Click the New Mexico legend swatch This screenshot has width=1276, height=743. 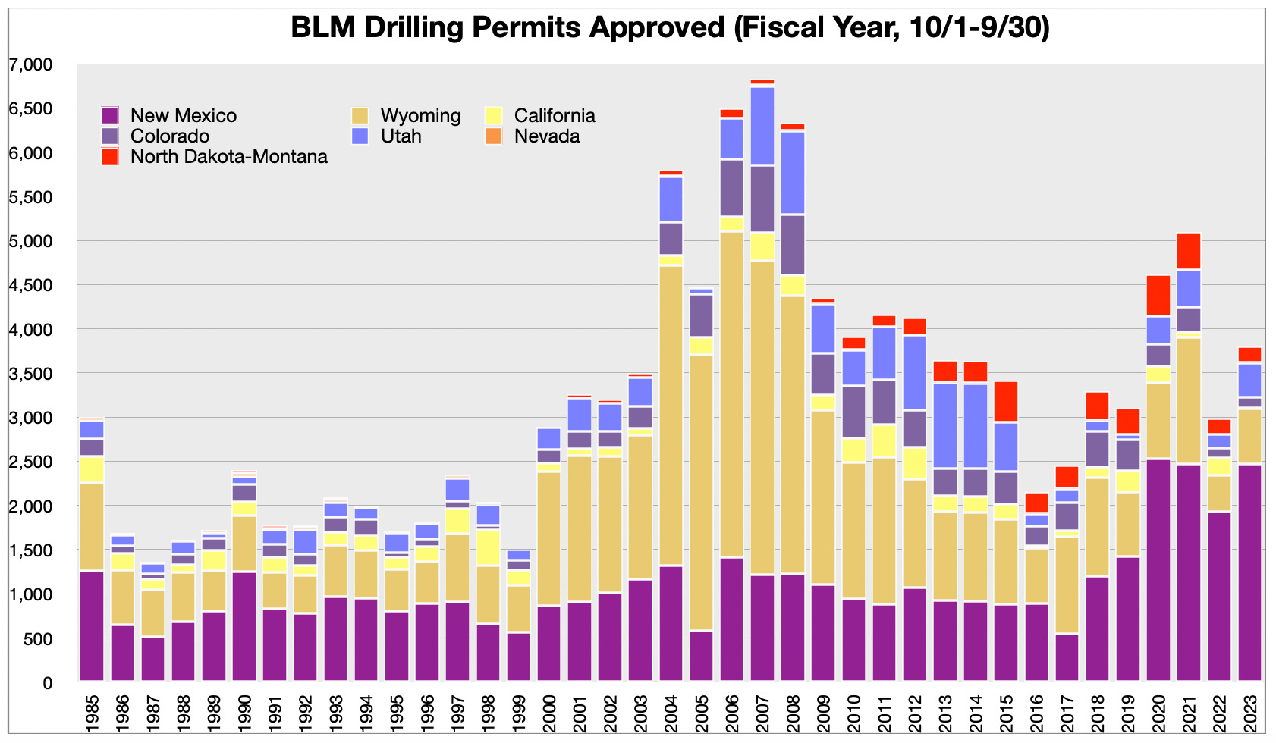click(x=110, y=116)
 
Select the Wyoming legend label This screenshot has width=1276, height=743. click(x=420, y=116)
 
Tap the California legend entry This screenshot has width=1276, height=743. click(x=555, y=116)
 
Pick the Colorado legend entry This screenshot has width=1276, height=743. click(x=169, y=136)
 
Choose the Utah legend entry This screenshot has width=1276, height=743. click(x=401, y=136)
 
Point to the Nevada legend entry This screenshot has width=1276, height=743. click(x=546, y=136)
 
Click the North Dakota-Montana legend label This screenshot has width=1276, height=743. click(x=228, y=157)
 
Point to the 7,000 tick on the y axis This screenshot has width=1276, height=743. click(x=31, y=65)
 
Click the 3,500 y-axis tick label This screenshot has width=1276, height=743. click(x=31, y=374)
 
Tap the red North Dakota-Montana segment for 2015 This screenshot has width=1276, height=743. click(x=1006, y=401)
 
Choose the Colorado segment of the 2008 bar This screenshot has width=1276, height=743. click(x=793, y=244)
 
